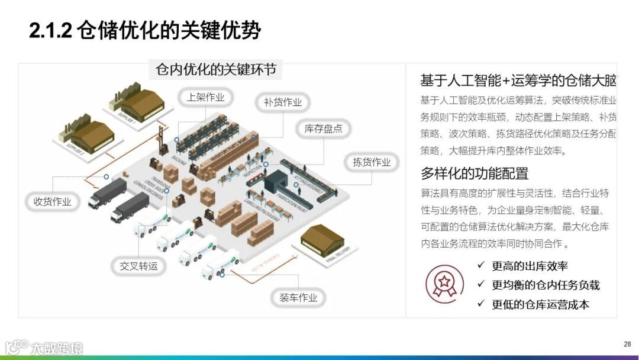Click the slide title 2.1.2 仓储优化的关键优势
click(145, 30)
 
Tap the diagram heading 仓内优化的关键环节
click(215, 69)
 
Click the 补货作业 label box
click(283, 102)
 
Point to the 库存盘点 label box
click(323, 128)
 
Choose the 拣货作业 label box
click(372, 162)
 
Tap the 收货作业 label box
click(52, 201)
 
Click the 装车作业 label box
click(298, 297)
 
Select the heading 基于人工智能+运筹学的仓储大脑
click(518, 81)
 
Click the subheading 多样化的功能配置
click(475, 173)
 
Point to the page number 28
click(627, 344)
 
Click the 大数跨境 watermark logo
click(45, 347)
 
